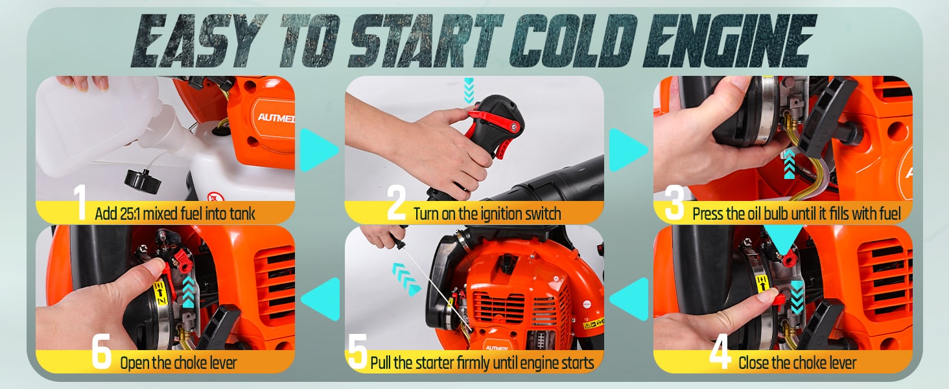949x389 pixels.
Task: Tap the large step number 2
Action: click(397, 203)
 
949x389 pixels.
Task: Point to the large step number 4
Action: click(720, 351)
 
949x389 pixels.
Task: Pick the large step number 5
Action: click(358, 351)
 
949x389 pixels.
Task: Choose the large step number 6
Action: click(102, 351)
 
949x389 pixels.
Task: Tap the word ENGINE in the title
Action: click(729, 41)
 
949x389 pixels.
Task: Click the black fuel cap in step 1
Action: click(143, 182)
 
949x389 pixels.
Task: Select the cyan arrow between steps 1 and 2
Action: click(318, 150)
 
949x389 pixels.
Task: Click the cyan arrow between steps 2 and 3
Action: click(627, 150)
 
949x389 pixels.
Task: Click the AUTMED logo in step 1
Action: click(276, 117)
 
